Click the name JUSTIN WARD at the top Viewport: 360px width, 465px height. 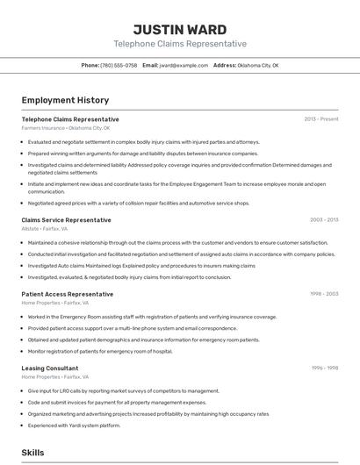coord(180,29)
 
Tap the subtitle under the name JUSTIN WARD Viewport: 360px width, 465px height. coord(180,44)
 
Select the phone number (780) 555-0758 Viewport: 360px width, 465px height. coord(119,65)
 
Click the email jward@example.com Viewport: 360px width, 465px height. coord(184,65)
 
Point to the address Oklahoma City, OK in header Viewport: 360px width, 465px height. coord(258,65)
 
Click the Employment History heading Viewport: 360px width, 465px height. coord(65,101)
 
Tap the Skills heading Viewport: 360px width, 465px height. coord(33,453)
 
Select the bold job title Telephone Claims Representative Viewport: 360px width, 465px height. coord(70,119)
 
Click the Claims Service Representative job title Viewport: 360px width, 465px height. coord(66,220)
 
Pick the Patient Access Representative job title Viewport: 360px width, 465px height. coord(68,295)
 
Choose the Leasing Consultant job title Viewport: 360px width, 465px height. coord(50,368)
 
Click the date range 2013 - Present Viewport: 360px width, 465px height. coord(321,119)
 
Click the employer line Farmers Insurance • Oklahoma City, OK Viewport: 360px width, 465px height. coord(66,128)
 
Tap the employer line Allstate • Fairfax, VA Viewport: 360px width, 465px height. coord(45,229)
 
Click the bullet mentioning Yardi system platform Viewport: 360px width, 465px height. coord(74,426)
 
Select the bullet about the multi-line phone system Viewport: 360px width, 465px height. coord(132,328)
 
